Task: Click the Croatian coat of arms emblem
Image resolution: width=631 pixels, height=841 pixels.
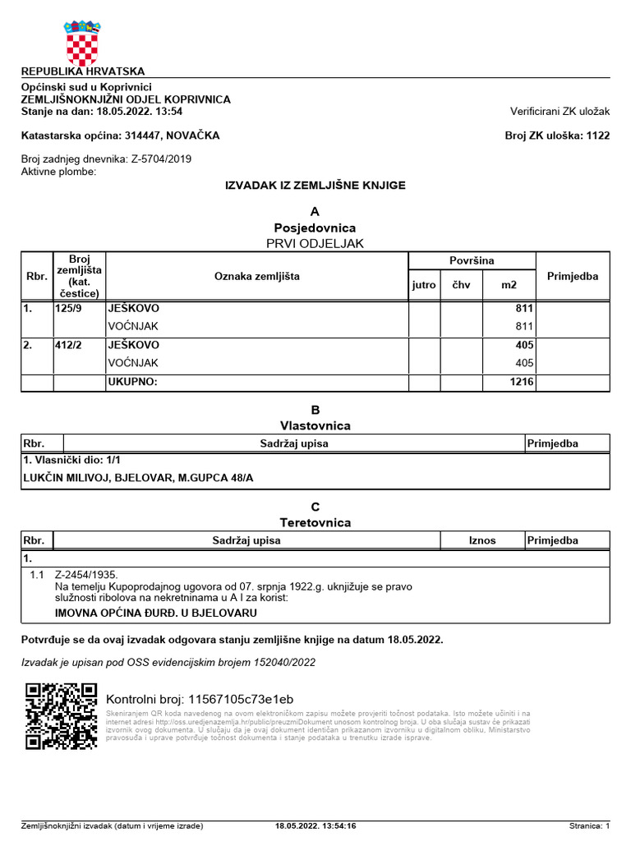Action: click(82, 42)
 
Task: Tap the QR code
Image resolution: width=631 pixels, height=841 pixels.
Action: click(61, 715)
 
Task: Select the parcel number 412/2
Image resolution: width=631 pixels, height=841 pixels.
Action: click(69, 346)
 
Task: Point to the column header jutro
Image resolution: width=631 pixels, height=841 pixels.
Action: click(424, 285)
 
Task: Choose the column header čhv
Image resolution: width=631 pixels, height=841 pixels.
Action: click(460, 285)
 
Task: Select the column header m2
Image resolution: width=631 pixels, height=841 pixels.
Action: click(509, 285)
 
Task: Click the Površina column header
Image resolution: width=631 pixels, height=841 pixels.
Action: click(472, 260)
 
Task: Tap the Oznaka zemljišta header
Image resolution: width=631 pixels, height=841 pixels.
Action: click(257, 276)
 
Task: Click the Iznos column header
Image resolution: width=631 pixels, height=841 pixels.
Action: click(482, 540)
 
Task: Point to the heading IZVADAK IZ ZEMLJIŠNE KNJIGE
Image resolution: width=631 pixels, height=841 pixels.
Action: click(315, 186)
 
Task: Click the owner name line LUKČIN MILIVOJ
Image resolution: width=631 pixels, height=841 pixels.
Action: click(138, 476)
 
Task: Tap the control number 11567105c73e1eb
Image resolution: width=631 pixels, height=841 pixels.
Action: click(200, 699)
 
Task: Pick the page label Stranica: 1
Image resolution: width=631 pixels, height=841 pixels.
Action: click(589, 825)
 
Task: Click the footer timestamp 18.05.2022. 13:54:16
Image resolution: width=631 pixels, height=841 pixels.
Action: click(315, 825)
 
